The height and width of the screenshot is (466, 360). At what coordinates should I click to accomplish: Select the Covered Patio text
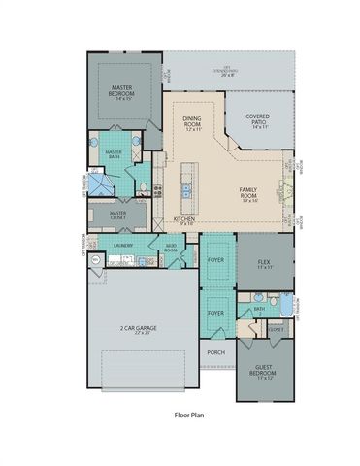(x=257, y=118)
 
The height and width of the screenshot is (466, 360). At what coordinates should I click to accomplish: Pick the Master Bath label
(x=115, y=151)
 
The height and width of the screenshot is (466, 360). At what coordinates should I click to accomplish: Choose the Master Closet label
(x=119, y=216)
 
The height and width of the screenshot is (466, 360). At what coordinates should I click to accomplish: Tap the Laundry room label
(x=122, y=247)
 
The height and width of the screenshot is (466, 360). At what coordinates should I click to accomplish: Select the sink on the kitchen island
(x=188, y=187)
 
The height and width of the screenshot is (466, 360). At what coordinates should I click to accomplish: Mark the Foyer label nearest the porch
(x=215, y=313)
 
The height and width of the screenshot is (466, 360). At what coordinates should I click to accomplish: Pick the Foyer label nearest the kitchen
(x=215, y=259)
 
